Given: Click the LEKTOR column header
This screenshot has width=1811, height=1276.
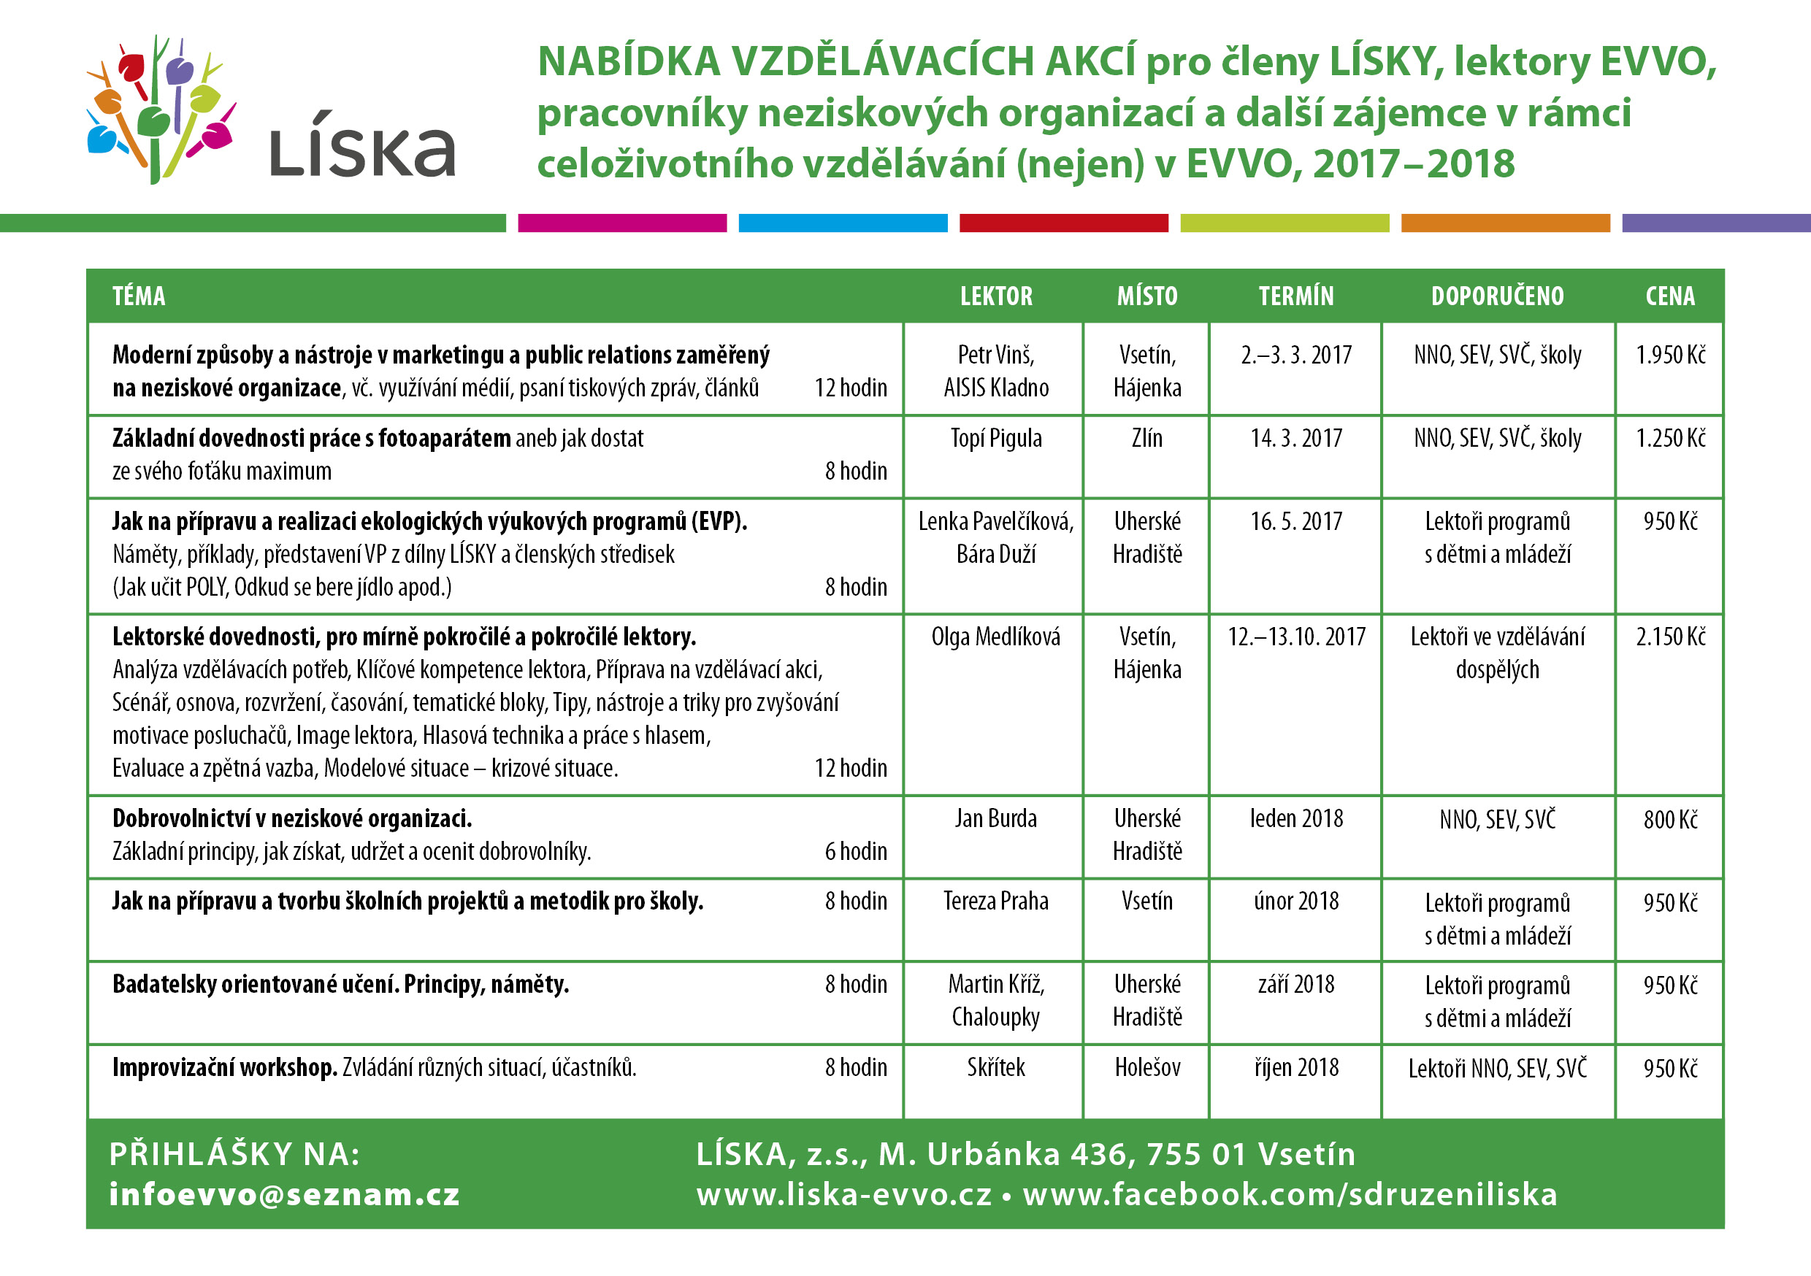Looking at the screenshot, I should click(x=995, y=296).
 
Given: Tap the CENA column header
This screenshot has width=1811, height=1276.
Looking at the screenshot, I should click(x=1669, y=296).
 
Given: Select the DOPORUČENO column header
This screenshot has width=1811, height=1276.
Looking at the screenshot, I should click(x=1496, y=296).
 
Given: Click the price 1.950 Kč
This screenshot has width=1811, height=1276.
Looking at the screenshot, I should click(x=1670, y=355).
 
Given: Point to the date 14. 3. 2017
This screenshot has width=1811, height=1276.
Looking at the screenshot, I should click(x=1295, y=438).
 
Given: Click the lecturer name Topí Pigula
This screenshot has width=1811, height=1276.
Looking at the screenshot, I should click(x=995, y=438).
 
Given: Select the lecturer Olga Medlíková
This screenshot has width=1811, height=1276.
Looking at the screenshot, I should click(x=995, y=637).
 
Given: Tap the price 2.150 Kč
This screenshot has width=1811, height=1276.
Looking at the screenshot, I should click(x=1670, y=637).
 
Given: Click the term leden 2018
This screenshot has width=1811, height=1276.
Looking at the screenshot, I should click(x=1295, y=818).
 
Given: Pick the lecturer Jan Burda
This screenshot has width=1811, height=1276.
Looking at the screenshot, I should click(x=995, y=818).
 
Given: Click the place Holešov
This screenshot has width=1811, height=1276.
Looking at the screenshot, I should click(x=1147, y=1067).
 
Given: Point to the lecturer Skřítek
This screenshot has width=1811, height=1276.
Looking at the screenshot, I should click(x=995, y=1067).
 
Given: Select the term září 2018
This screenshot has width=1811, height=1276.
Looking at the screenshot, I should click(x=1295, y=984).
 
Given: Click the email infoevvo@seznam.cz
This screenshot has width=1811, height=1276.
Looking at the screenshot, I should click(x=284, y=1194).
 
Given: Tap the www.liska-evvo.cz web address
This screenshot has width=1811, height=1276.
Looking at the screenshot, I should click(x=843, y=1194).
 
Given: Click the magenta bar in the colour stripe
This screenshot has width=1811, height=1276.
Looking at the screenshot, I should click(x=621, y=223).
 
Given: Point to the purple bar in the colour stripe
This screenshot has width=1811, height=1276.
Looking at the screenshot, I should click(x=1715, y=223).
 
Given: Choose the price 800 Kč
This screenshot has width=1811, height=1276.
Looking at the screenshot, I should click(x=1670, y=819).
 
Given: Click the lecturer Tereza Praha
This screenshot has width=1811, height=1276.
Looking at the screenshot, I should click(x=995, y=901).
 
